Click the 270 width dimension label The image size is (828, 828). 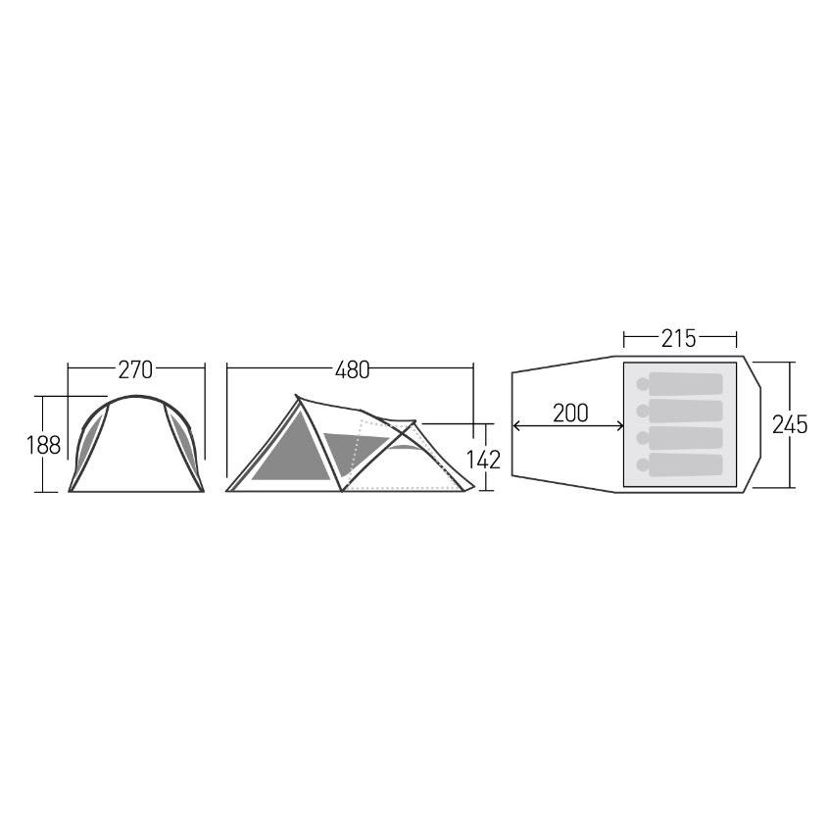135,370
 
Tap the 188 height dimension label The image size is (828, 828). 44,445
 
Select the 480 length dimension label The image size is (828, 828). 352,370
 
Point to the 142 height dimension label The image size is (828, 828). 483,460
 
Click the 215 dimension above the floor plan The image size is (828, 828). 679,338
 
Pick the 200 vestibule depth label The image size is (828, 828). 570,413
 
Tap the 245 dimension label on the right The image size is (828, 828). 790,424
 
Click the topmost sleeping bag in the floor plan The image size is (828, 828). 685,384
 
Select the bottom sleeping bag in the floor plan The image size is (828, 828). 685,464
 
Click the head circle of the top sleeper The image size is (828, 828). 643,384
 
